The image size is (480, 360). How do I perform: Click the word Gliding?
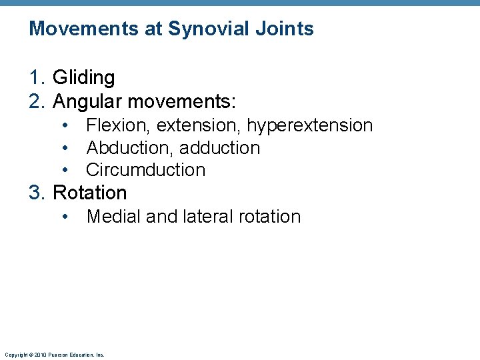click(x=83, y=78)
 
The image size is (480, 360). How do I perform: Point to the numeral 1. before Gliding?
click(x=37, y=78)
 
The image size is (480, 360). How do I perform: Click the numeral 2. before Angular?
click(x=37, y=101)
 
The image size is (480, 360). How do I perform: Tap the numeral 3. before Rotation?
click(x=37, y=193)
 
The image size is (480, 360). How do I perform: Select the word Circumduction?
click(x=146, y=170)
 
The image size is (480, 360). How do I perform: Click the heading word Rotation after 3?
click(x=89, y=193)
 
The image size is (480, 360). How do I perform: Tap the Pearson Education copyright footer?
click(x=54, y=355)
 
